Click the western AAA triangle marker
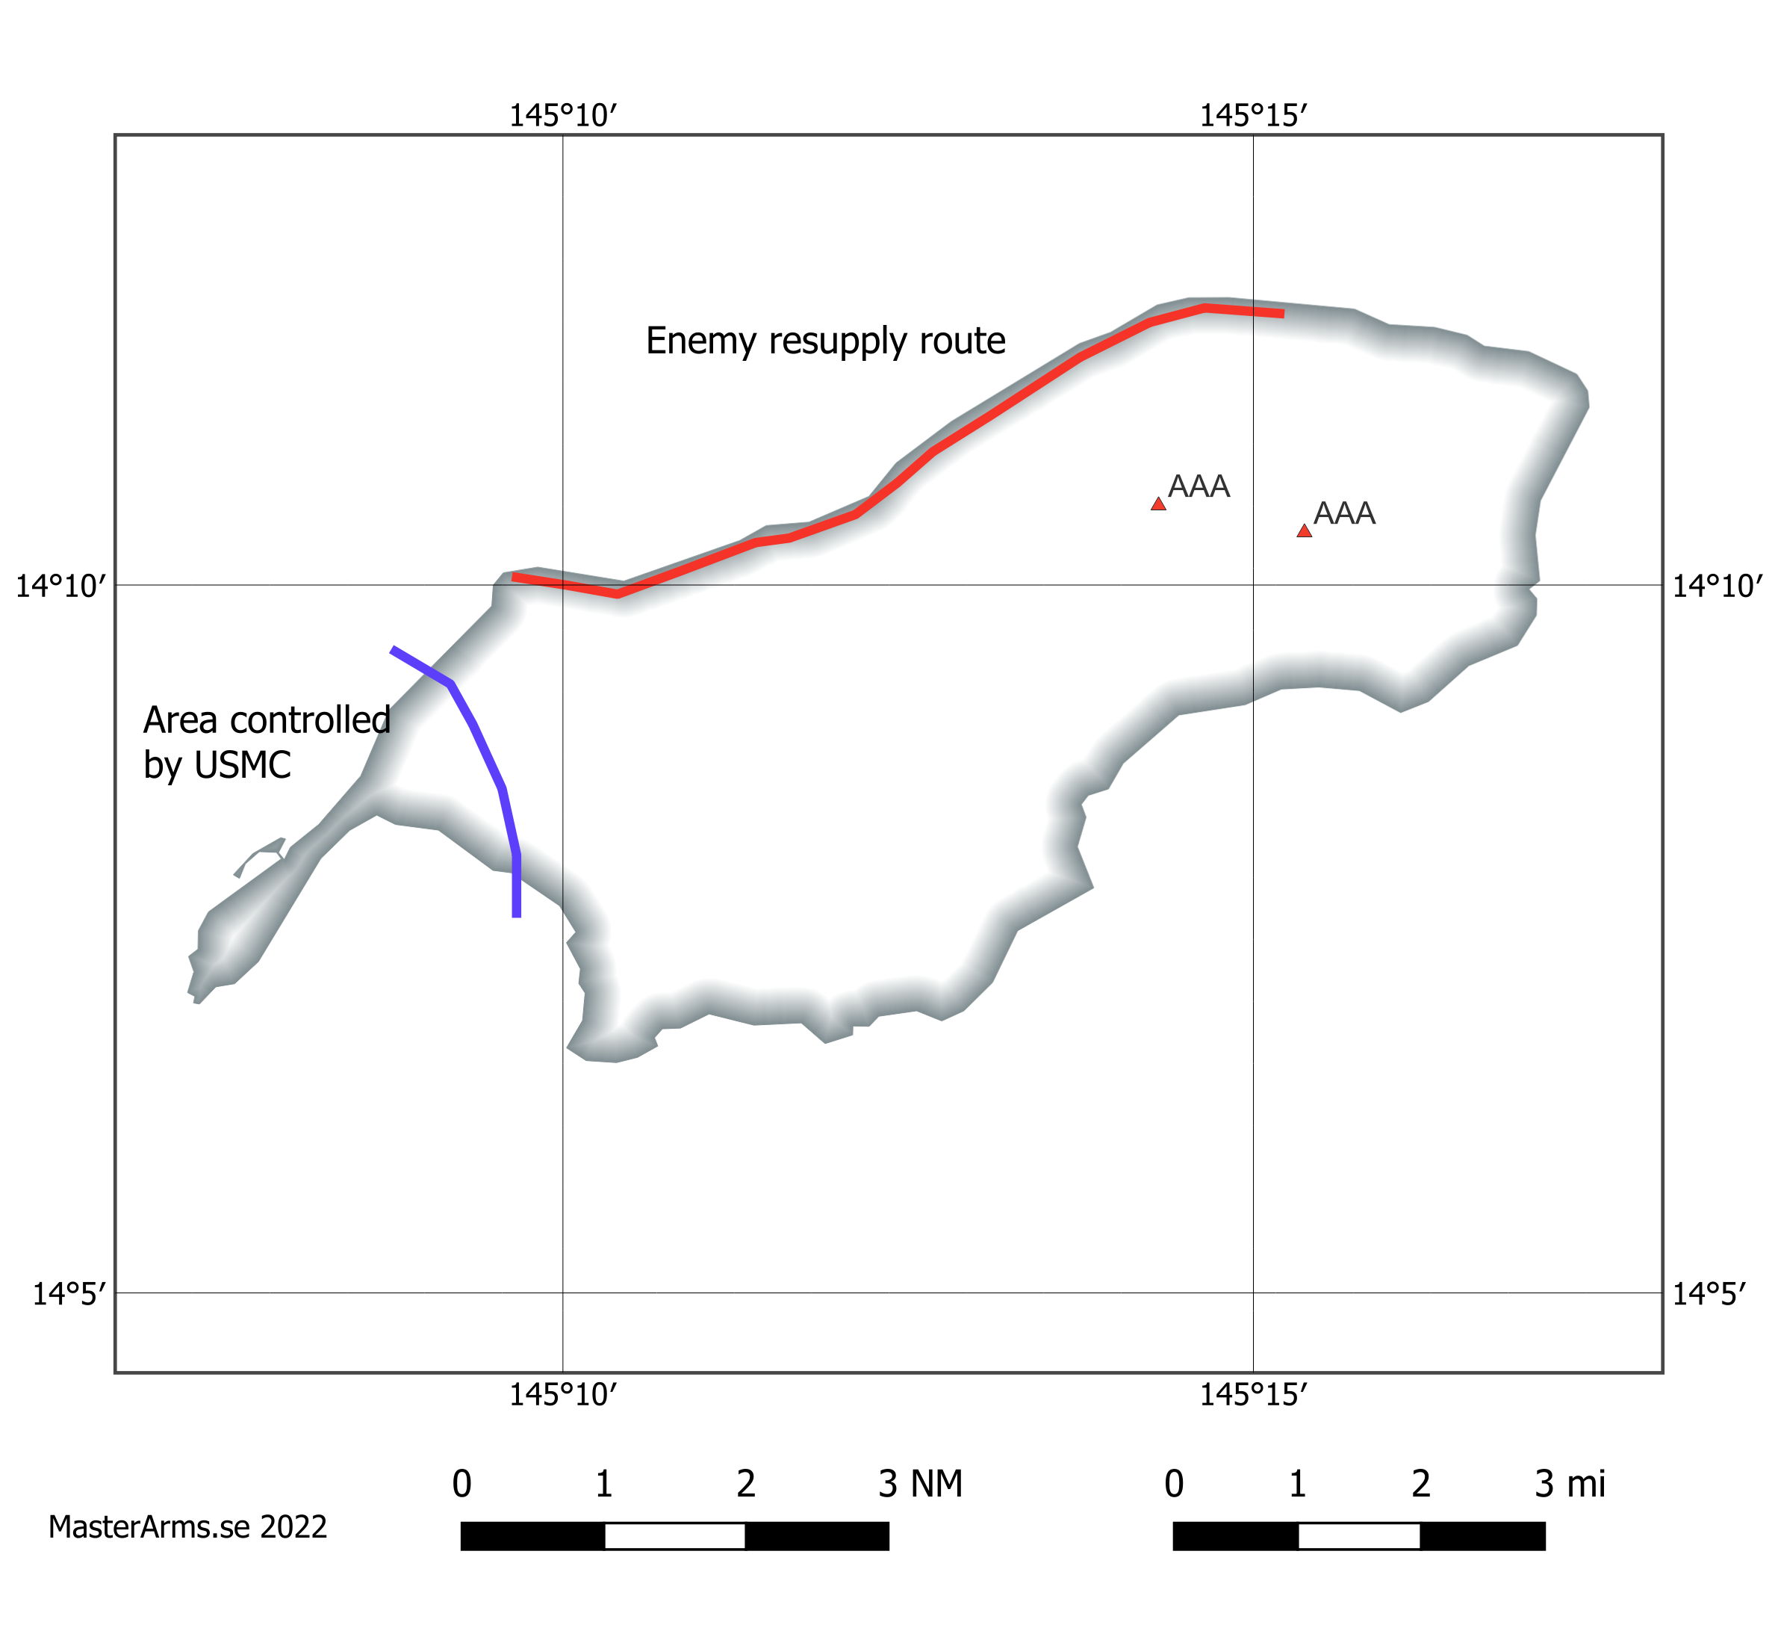click(1158, 504)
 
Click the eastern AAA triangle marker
click(1304, 531)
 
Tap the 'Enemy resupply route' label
click(824, 341)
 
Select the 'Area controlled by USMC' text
click(267, 743)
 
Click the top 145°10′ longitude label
click(563, 116)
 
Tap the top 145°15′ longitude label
click(1252, 116)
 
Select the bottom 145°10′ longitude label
click(563, 1395)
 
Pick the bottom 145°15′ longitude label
click(1252, 1395)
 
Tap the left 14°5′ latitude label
click(69, 1294)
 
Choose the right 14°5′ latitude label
click(1709, 1294)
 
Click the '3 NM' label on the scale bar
click(920, 1485)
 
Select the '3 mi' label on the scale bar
click(1570, 1485)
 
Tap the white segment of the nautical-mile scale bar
click(675, 1536)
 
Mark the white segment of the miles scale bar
click(1358, 1536)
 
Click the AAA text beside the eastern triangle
click(1344, 513)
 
